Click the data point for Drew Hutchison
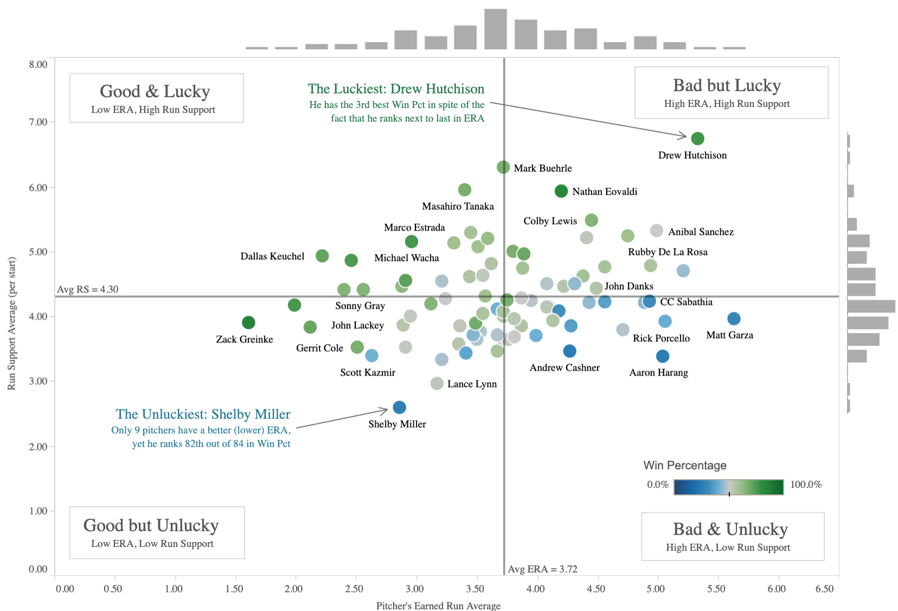coord(697,138)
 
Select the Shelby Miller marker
coord(399,407)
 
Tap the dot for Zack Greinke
coord(248,322)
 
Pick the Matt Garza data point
coord(734,319)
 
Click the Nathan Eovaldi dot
coord(561,191)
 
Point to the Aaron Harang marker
coord(663,356)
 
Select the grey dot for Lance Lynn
coord(437,384)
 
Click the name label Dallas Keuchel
coord(272,256)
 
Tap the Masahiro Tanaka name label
coord(458,206)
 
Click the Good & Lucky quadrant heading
coord(155,91)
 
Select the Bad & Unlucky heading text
coord(730,529)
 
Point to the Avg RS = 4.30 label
coord(88,289)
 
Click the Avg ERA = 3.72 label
coord(542,569)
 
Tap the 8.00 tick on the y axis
coord(38,65)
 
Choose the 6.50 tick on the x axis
coord(825,589)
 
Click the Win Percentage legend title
coord(685,466)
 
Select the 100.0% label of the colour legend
coord(806,485)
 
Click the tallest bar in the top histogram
coord(496,29)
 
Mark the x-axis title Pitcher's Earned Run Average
coord(438,606)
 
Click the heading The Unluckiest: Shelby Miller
coord(203,414)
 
